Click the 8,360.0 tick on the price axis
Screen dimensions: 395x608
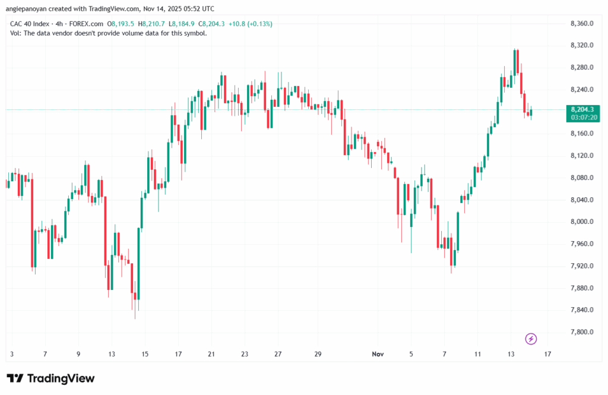[x=581, y=24]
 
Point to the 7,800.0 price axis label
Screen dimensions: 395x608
[x=581, y=332]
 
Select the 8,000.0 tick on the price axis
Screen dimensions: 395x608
[x=581, y=222]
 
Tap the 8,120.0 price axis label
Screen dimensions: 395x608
[x=581, y=156]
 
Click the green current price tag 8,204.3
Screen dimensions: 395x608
[x=582, y=110]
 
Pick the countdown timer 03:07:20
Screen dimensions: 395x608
[x=582, y=118]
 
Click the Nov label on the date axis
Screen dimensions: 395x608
[x=377, y=355]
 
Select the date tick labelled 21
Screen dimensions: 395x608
[x=211, y=355]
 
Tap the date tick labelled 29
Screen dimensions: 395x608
[x=318, y=355]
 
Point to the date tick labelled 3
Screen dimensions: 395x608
[x=12, y=355]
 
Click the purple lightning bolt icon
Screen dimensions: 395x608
[x=531, y=339]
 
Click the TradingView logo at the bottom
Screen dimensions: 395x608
[x=50, y=378]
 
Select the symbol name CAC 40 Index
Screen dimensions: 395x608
[x=30, y=24]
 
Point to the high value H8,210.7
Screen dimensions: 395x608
[x=151, y=24]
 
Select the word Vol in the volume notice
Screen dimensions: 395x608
[x=15, y=33]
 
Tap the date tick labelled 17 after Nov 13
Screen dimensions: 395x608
[x=547, y=355]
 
